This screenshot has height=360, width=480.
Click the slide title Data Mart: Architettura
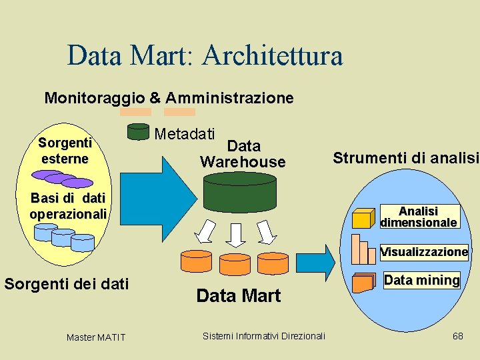205,55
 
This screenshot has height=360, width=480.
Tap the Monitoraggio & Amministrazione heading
169,98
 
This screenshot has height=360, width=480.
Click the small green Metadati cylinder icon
138,131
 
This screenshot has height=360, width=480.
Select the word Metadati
185,133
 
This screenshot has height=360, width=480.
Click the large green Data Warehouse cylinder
243,193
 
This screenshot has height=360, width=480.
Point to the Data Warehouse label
243,154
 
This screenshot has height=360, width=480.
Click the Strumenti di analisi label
405,158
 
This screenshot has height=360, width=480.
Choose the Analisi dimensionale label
419,217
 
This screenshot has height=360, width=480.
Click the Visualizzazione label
424,252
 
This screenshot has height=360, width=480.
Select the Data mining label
421,280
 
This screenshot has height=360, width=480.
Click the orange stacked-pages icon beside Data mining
363,282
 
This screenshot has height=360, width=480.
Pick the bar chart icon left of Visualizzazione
364,249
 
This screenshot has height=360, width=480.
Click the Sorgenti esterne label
65,151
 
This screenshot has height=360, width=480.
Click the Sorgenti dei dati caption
67,285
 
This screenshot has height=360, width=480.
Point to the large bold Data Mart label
239,296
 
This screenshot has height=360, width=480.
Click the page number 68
457,336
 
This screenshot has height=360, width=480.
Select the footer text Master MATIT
95,337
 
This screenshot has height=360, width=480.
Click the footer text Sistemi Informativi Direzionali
263,335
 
